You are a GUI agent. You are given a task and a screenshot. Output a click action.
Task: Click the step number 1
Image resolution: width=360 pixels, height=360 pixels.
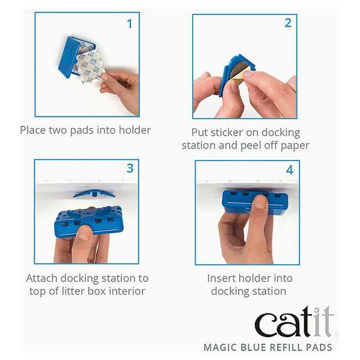(130, 24)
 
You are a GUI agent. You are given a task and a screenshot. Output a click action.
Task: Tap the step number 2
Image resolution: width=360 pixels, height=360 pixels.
(287, 23)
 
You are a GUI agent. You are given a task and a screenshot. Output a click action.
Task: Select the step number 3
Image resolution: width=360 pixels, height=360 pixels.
(130, 167)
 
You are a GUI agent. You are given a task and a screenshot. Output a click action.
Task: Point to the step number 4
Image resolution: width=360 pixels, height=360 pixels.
(289, 169)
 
